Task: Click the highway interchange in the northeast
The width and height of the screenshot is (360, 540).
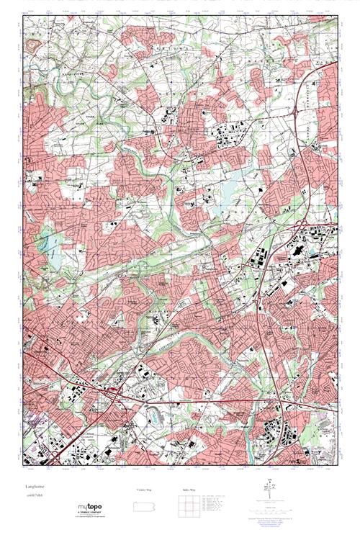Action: click(308, 73)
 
